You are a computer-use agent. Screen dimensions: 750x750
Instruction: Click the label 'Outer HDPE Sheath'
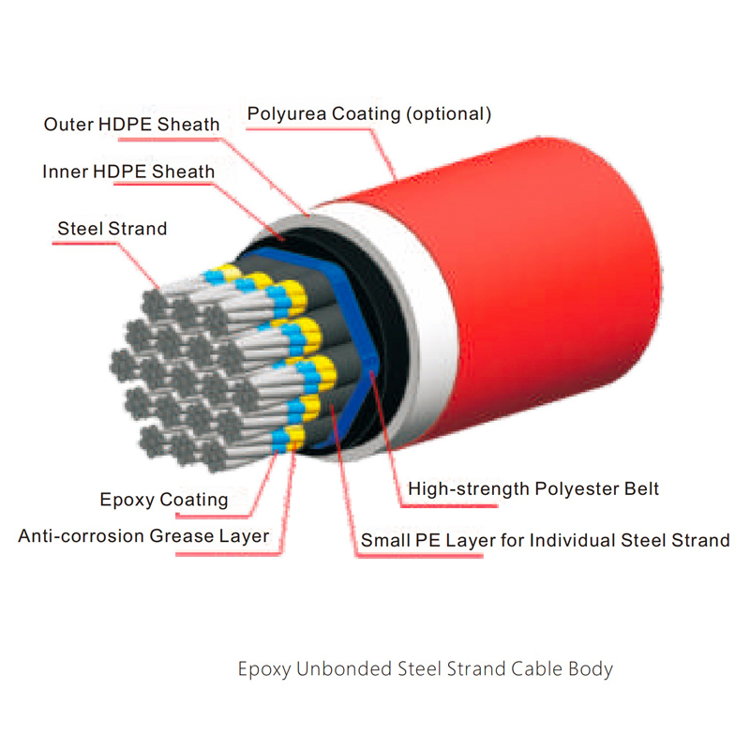click(x=132, y=124)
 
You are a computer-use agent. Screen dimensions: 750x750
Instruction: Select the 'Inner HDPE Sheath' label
click(x=128, y=172)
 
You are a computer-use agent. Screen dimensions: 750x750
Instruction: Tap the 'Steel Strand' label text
click(x=112, y=229)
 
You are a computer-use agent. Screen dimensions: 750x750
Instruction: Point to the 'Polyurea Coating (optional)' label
click(x=369, y=114)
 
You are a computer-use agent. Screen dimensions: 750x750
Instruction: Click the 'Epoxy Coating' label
click(x=164, y=500)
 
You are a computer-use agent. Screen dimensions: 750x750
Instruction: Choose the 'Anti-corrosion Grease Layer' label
click(x=144, y=537)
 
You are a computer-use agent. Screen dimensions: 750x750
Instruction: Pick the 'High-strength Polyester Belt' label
click(x=533, y=489)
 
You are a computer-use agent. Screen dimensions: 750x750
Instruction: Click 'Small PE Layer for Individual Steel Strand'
click(x=546, y=541)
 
